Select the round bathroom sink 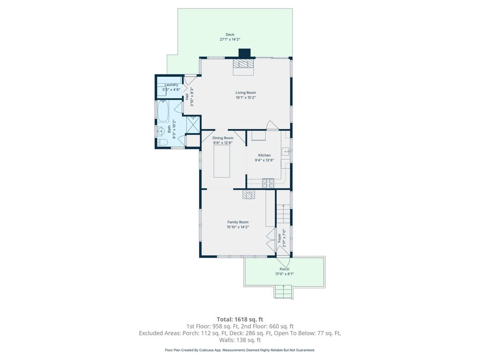point(159,131)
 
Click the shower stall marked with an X point(193,124)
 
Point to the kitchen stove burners point(268,183)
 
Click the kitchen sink point(286,151)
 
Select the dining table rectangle point(222,161)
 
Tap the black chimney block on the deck point(245,53)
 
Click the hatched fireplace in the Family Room point(248,195)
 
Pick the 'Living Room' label point(246,92)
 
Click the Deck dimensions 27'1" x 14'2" point(230,39)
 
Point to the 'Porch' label point(285,269)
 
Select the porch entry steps point(284,292)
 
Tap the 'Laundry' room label point(172,85)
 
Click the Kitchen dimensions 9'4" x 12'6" point(264,160)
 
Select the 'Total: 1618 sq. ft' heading point(240,320)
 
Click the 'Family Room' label point(238,222)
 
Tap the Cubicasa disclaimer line point(240,350)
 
